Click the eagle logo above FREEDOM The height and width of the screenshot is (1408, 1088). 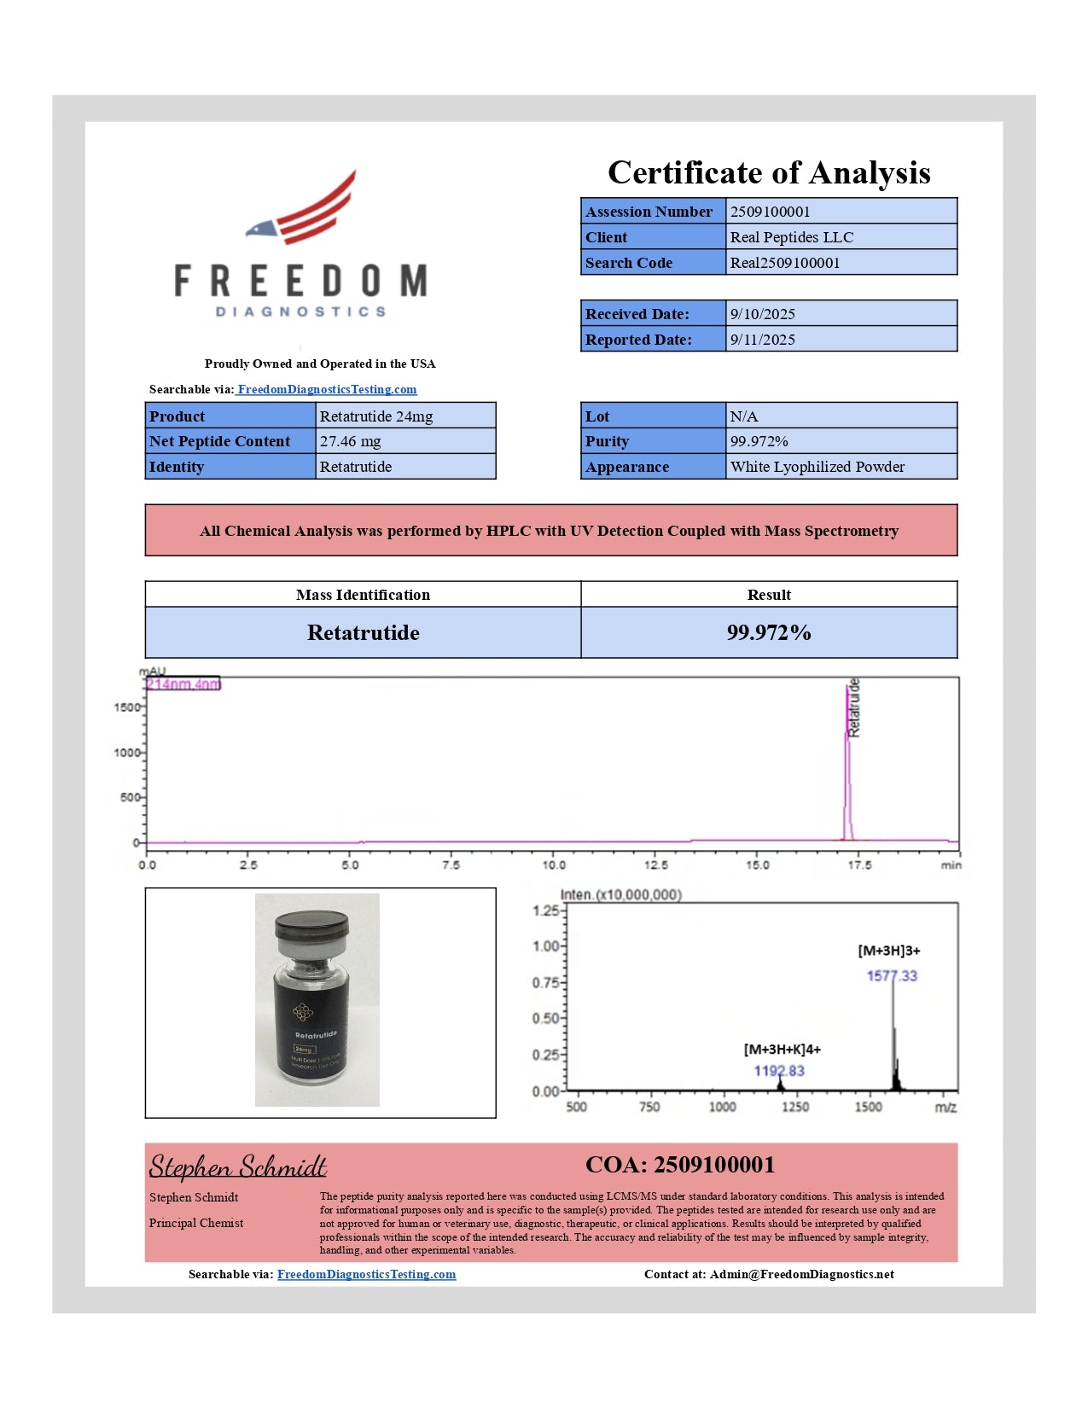click(303, 209)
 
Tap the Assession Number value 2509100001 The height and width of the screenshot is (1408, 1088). click(770, 212)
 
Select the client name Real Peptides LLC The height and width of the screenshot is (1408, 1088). click(791, 237)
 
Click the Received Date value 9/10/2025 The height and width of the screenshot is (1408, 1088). click(762, 314)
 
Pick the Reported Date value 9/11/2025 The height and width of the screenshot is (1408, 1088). click(762, 340)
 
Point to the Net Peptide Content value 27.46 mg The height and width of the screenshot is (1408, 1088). click(350, 441)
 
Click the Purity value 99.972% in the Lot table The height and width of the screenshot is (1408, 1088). click(759, 441)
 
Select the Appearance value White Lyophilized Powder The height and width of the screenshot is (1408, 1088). click(817, 467)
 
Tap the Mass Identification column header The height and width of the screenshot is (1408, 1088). click(363, 595)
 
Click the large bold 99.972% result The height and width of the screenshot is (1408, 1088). click(768, 632)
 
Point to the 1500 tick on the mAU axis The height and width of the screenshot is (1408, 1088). click(126, 707)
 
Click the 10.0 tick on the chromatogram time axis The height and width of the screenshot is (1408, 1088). click(554, 864)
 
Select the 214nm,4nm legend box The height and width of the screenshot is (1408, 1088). click(183, 684)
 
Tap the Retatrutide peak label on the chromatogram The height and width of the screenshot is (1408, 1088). click(853, 707)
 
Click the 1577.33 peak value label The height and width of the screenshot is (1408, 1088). click(892, 975)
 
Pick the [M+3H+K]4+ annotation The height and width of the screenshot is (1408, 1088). click(782, 1049)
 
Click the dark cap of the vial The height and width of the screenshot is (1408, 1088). click(312, 924)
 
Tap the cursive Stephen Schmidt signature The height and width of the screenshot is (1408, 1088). click(238, 1166)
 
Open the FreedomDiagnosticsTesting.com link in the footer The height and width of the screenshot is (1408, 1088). click(366, 1274)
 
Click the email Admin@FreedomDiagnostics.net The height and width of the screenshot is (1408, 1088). click(801, 1274)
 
